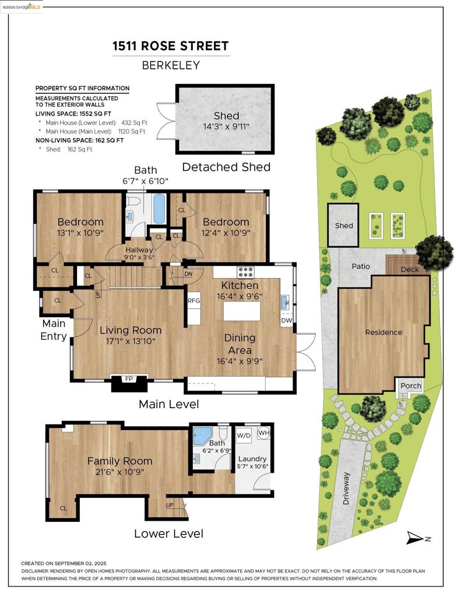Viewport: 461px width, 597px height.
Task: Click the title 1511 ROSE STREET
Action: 171,46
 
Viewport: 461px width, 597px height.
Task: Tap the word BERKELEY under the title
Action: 171,65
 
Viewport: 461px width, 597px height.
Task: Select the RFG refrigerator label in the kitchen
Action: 193,300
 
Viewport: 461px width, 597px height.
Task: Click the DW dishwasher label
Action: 287,320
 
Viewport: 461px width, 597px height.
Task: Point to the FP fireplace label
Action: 129,379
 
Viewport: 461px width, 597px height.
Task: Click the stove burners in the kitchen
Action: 245,272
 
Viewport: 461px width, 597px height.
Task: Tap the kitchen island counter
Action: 242,311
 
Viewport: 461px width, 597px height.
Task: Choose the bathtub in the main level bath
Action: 159,209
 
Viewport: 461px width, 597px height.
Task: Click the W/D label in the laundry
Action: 244,435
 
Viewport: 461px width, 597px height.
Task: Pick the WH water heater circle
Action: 264,433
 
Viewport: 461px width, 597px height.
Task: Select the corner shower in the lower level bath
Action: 201,436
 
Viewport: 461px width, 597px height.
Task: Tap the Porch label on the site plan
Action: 411,386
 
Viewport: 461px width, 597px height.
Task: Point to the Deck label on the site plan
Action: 410,269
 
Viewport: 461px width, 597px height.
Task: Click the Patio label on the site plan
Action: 361,266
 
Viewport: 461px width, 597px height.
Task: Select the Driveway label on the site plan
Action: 346,489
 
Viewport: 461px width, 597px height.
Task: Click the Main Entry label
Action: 54,330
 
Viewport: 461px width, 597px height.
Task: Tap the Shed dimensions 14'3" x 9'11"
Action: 226,127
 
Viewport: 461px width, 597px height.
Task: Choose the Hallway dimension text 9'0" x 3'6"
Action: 139,257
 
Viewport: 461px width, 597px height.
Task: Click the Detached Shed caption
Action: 226,167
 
